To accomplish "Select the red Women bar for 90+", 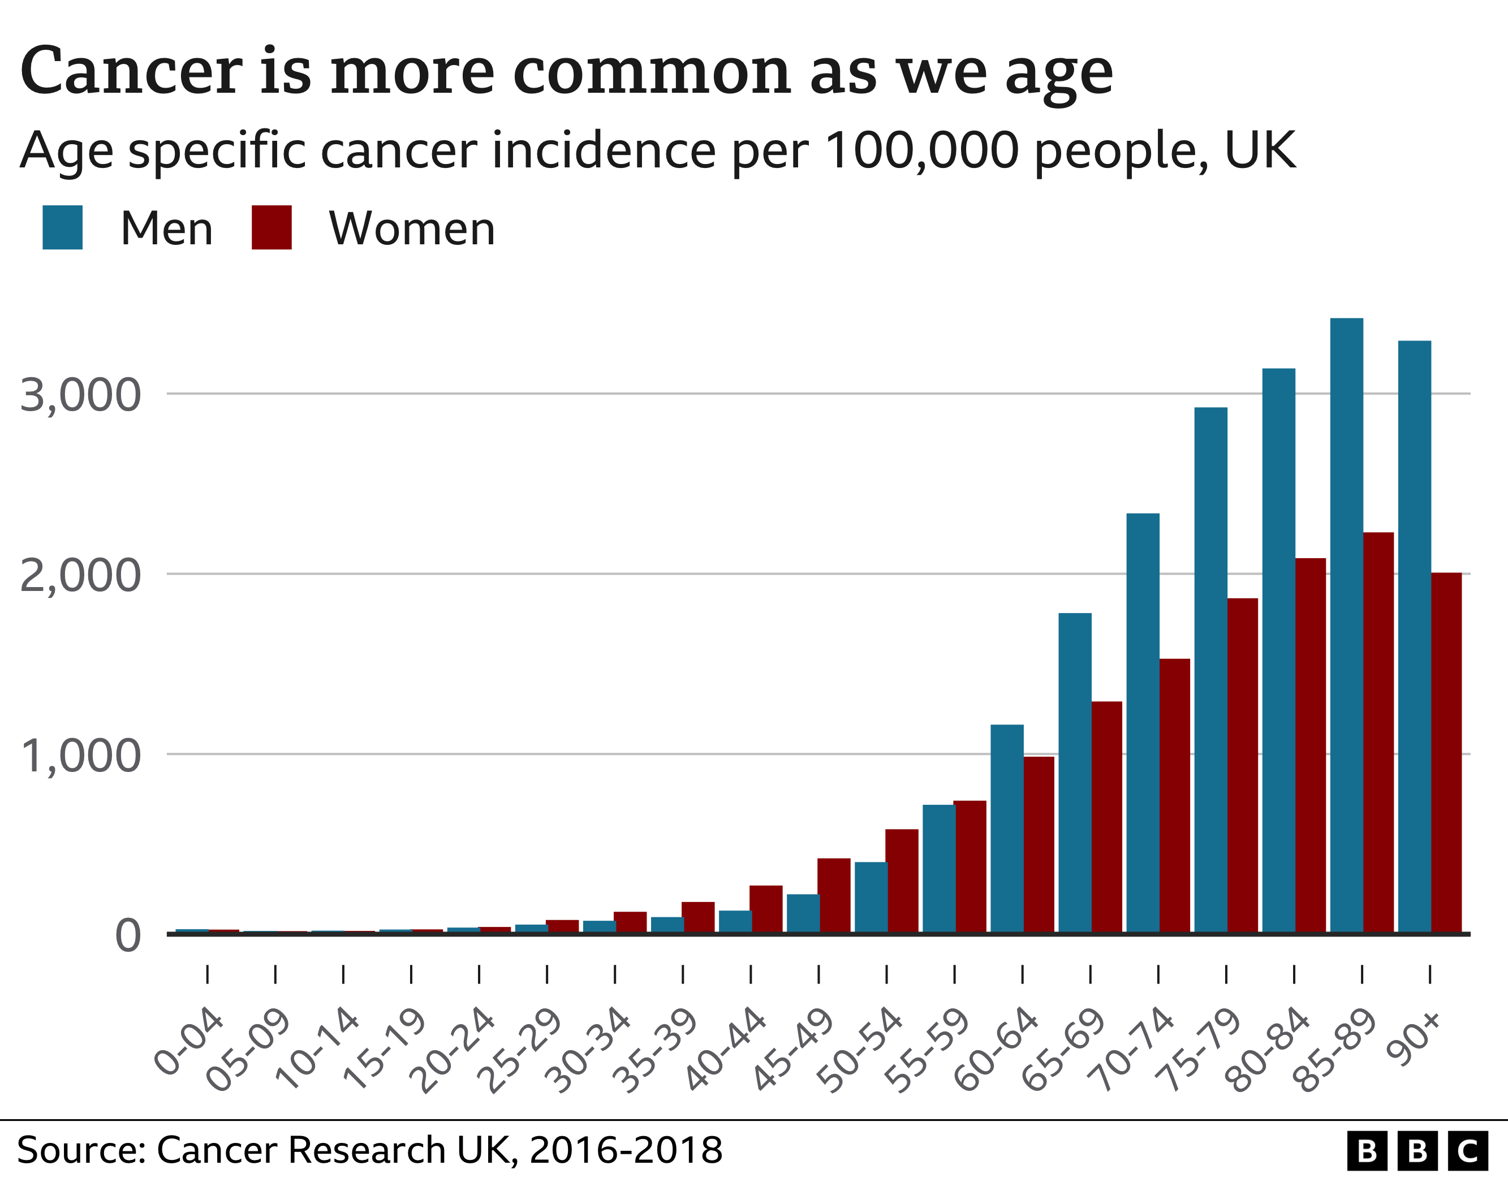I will [1446, 753].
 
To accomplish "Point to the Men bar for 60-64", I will [1007, 829].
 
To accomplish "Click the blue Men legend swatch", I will [62, 227].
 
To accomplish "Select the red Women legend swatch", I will [272, 227].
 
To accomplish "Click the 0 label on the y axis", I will [128, 937].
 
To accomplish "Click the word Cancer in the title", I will [131, 71].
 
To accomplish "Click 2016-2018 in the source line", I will [626, 1150].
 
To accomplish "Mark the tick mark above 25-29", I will [547, 974].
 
